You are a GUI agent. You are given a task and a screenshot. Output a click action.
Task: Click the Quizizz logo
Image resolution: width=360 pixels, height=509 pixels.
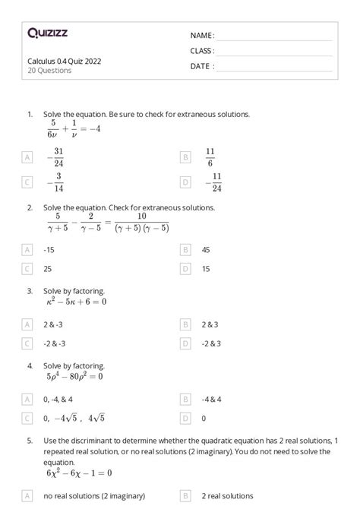pyautogui.click(x=47, y=33)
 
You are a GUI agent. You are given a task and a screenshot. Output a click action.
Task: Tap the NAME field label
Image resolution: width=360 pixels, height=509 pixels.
pyautogui.click(x=202, y=36)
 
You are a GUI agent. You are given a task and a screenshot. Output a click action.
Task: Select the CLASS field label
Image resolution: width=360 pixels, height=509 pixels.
pyautogui.click(x=202, y=51)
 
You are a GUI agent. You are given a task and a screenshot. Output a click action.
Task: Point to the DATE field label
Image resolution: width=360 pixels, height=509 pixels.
pyautogui.click(x=202, y=66)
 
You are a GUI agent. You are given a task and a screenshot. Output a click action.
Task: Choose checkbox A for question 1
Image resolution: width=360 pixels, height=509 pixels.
pyautogui.click(x=28, y=157)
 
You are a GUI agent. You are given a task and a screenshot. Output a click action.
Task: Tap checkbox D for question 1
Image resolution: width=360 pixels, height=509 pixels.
pyautogui.click(x=185, y=183)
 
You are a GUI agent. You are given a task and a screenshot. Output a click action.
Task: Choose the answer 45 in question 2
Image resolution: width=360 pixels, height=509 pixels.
pyautogui.click(x=206, y=248)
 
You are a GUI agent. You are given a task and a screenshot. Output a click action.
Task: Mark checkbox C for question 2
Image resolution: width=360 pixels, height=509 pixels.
pyautogui.click(x=28, y=268)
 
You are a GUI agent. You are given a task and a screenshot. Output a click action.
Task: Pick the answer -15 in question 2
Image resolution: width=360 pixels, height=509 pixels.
pyautogui.click(x=49, y=248)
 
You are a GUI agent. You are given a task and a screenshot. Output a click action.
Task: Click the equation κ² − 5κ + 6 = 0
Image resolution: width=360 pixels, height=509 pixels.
pyautogui.click(x=76, y=302)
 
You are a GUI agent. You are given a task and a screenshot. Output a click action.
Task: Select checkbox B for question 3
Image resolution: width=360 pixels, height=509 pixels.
pyautogui.click(x=185, y=324)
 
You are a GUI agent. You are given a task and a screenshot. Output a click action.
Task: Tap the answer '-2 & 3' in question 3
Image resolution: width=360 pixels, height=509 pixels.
pyautogui.click(x=211, y=343)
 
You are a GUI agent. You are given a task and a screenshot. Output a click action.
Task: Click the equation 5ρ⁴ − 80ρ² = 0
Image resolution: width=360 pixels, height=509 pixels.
pyautogui.click(x=74, y=376)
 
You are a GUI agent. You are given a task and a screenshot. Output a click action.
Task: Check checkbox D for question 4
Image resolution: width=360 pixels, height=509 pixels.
pyautogui.click(x=185, y=418)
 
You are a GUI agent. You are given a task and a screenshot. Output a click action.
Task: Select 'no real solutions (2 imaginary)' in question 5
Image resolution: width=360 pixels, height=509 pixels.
pyautogui.click(x=89, y=496)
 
